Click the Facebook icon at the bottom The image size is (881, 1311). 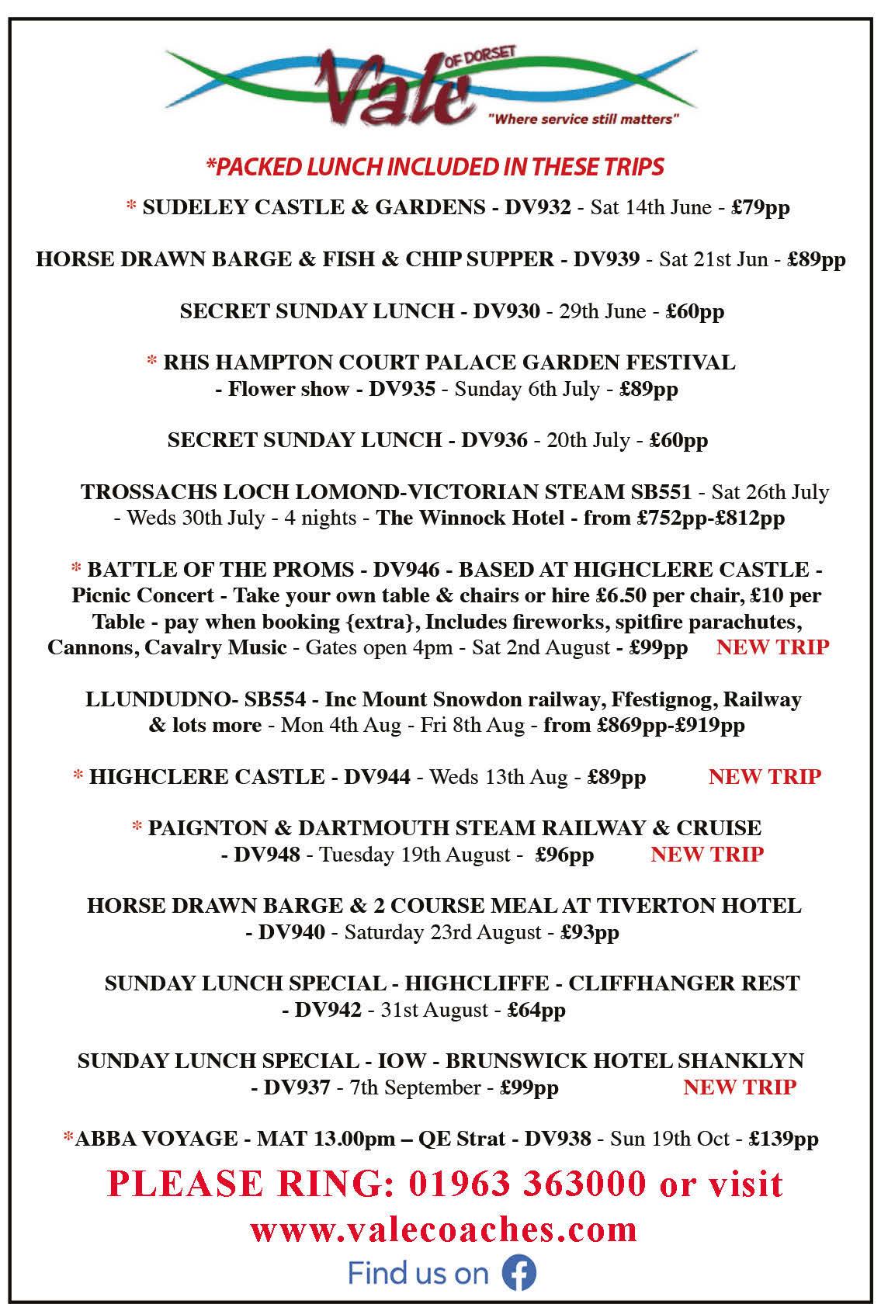pyautogui.click(x=519, y=1273)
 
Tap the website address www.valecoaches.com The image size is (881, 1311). pyautogui.click(x=443, y=1229)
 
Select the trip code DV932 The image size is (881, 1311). pyautogui.click(x=538, y=207)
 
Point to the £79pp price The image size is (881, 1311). pyautogui.click(x=761, y=207)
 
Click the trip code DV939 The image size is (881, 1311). pyautogui.click(x=606, y=259)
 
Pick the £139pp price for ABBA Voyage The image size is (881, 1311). pyautogui.click(x=783, y=1139)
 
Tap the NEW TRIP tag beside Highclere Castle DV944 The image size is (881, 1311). pyautogui.click(x=765, y=776)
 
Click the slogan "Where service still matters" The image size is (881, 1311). pyautogui.click(x=584, y=120)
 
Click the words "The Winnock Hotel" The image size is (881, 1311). pyautogui.click(x=470, y=518)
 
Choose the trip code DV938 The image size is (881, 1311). pyautogui.click(x=557, y=1139)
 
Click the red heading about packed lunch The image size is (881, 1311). pyautogui.click(x=435, y=166)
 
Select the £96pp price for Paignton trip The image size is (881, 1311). pyautogui.click(x=564, y=855)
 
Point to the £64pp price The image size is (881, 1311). pyautogui.click(x=536, y=1010)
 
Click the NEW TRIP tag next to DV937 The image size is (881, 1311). pyautogui.click(x=740, y=1087)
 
